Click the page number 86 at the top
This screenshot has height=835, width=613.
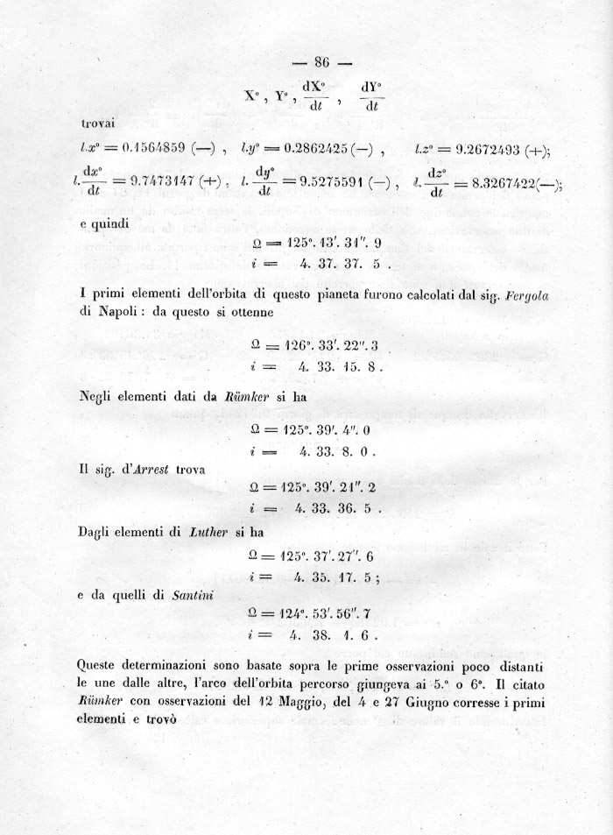(x=321, y=62)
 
